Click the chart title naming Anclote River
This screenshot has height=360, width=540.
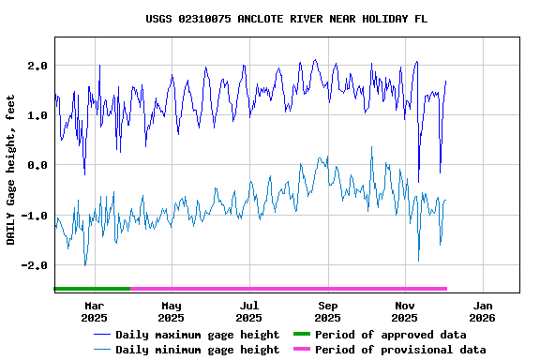[x=280, y=19]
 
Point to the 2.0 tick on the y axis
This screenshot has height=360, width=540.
[x=37, y=66]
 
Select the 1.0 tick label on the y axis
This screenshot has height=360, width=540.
[x=37, y=115]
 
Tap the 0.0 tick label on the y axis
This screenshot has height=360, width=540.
[x=37, y=165]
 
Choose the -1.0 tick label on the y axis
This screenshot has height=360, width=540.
[x=35, y=216]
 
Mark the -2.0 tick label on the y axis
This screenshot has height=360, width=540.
[x=35, y=265]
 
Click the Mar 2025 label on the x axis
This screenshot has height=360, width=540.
[x=94, y=311]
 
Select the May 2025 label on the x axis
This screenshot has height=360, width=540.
[x=172, y=311]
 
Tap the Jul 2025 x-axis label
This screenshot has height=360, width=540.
[x=249, y=311]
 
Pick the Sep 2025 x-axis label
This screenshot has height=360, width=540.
[x=327, y=311]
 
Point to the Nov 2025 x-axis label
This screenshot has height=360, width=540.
[x=405, y=311]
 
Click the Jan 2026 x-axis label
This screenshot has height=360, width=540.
[x=483, y=311]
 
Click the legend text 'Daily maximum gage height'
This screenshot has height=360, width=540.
[x=197, y=335]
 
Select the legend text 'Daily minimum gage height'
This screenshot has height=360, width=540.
[x=197, y=350]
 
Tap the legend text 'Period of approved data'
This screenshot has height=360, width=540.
[x=390, y=335]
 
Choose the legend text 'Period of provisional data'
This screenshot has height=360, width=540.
[x=400, y=350]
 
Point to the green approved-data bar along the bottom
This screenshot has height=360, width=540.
[x=92, y=289]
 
